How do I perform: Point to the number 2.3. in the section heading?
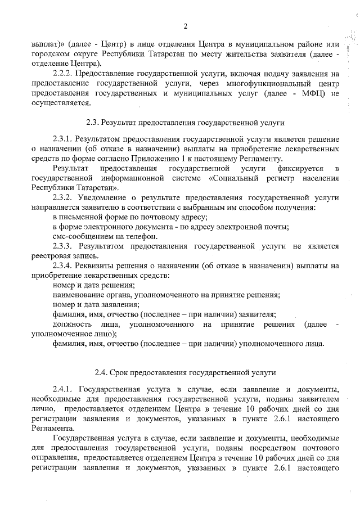[x=93, y=121]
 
